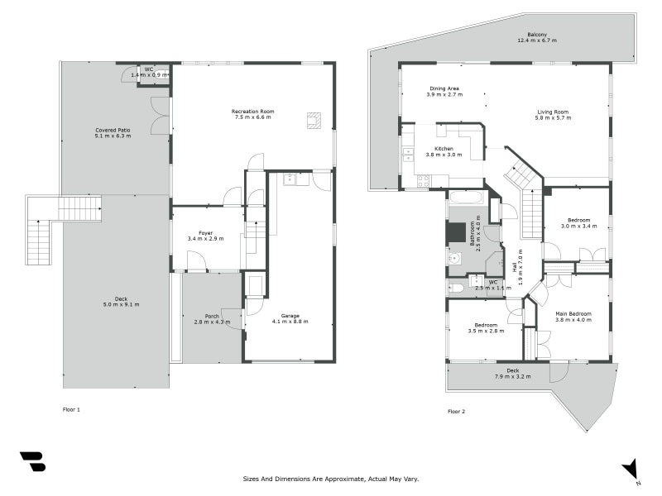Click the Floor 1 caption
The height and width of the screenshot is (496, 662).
click(72, 409)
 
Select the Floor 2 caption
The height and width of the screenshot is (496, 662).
click(457, 411)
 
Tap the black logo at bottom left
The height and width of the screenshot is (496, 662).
click(32, 461)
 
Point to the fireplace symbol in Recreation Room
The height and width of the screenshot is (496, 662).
click(314, 120)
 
